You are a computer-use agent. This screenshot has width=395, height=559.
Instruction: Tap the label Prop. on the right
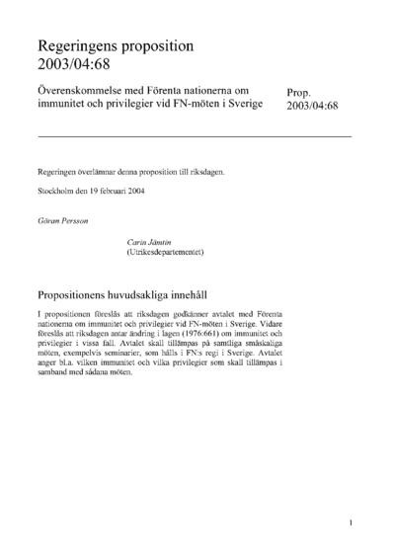click(300, 93)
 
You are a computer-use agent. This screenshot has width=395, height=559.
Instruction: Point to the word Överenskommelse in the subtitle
click(80, 90)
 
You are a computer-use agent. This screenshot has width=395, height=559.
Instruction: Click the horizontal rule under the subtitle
click(194, 134)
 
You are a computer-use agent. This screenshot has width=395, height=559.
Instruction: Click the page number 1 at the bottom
click(351, 523)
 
